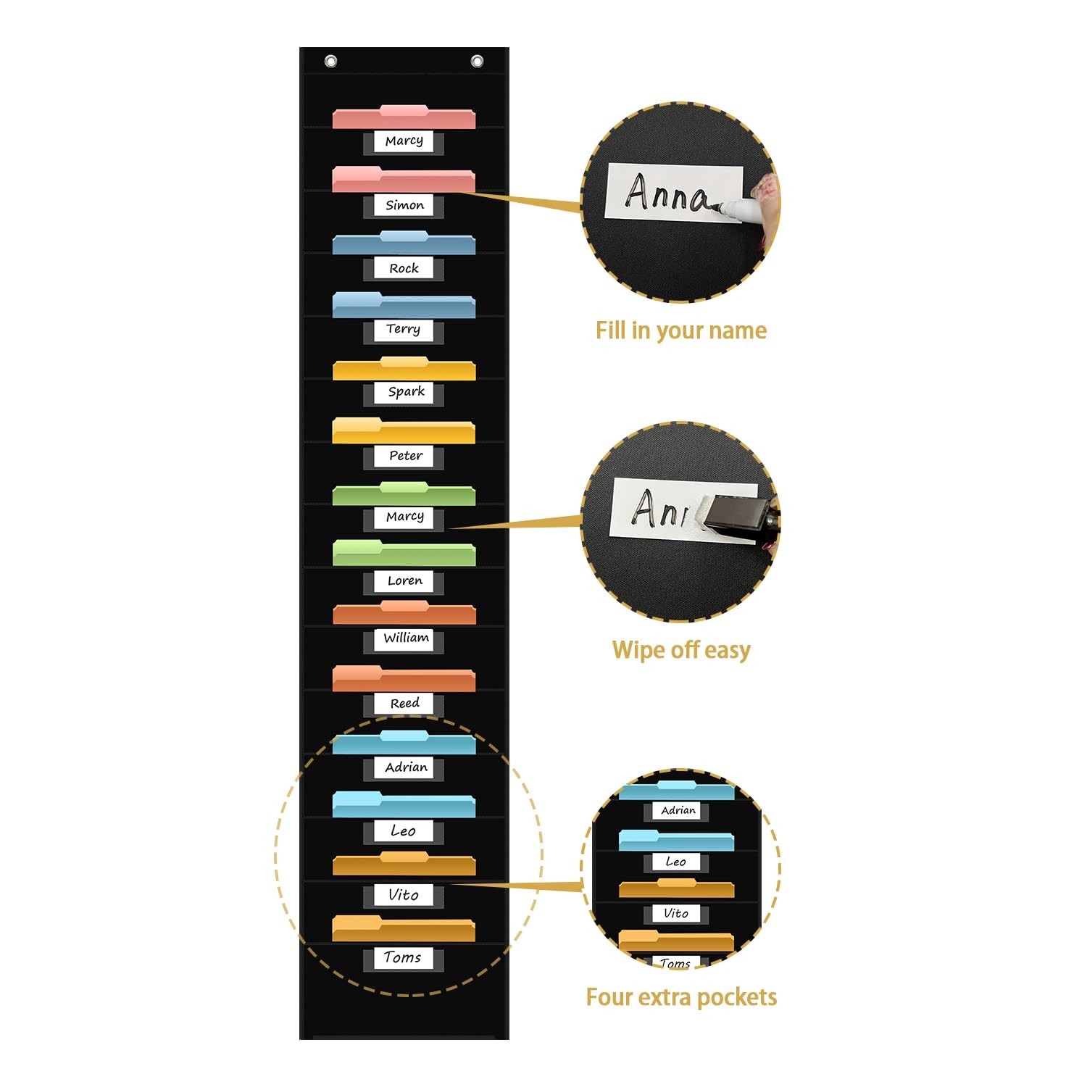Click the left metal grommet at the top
pyautogui.click(x=330, y=62)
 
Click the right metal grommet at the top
pyautogui.click(x=477, y=62)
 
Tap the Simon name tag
pyautogui.click(x=404, y=205)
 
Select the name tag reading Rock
pyautogui.click(x=404, y=268)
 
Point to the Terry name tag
pyautogui.click(x=403, y=329)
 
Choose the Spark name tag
pyautogui.click(x=405, y=392)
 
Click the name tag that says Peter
pyautogui.click(x=405, y=456)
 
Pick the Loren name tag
pyautogui.click(x=404, y=580)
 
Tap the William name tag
pyautogui.click(x=405, y=638)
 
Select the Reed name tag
pyautogui.click(x=404, y=703)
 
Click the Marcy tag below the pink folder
pyautogui.click(x=404, y=141)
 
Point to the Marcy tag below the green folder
pyautogui.click(x=404, y=517)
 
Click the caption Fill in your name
pyautogui.click(x=680, y=330)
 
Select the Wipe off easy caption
pyautogui.click(x=680, y=650)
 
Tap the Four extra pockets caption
pyautogui.click(x=680, y=997)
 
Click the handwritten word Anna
pyautogui.click(x=667, y=193)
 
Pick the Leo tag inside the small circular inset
pyautogui.click(x=675, y=862)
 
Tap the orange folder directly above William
pyautogui.click(x=404, y=613)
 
